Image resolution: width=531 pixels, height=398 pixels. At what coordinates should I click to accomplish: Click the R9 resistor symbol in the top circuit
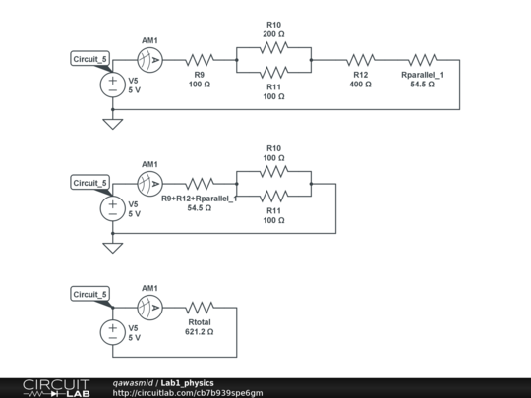pyautogui.click(x=200, y=59)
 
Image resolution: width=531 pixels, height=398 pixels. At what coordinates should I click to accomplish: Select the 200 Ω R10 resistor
pyautogui.click(x=273, y=46)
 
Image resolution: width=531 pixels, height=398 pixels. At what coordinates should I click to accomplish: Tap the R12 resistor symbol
pyautogui.click(x=360, y=59)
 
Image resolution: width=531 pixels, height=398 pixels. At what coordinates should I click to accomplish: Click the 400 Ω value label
pyautogui.click(x=360, y=85)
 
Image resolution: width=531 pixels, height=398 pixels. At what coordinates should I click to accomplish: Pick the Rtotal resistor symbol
pyautogui.click(x=200, y=307)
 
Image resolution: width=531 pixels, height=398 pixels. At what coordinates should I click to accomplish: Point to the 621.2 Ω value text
pyautogui.click(x=199, y=332)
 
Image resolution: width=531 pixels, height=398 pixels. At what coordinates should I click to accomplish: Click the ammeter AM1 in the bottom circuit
pyautogui.click(x=149, y=307)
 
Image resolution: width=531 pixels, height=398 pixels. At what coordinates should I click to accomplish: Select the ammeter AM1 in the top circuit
pyautogui.click(x=149, y=59)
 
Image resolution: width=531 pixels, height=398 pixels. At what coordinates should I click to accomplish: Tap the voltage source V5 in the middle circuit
pyautogui.click(x=113, y=208)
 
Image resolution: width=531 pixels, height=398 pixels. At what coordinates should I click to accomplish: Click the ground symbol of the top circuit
pyautogui.click(x=113, y=123)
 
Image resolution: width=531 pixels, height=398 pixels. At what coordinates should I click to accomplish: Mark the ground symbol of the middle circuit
pyautogui.click(x=113, y=247)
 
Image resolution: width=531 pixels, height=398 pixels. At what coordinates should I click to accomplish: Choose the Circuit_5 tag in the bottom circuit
pyautogui.click(x=90, y=294)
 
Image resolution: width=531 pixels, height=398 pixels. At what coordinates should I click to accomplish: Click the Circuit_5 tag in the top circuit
pyautogui.click(x=90, y=59)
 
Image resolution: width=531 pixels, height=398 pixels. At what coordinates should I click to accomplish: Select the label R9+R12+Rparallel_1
pyautogui.click(x=200, y=199)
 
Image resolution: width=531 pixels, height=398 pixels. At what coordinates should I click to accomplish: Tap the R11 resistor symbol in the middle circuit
pyautogui.click(x=273, y=196)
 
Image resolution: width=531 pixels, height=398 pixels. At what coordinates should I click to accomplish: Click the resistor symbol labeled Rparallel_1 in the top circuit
pyautogui.click(x=422, y=59)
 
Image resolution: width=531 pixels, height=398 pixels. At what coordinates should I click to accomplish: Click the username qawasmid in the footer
pyautogui.click(x=134, y=382)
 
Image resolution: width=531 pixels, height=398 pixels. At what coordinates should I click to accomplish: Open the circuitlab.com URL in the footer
pyautogui.click(x=188, y=393)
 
